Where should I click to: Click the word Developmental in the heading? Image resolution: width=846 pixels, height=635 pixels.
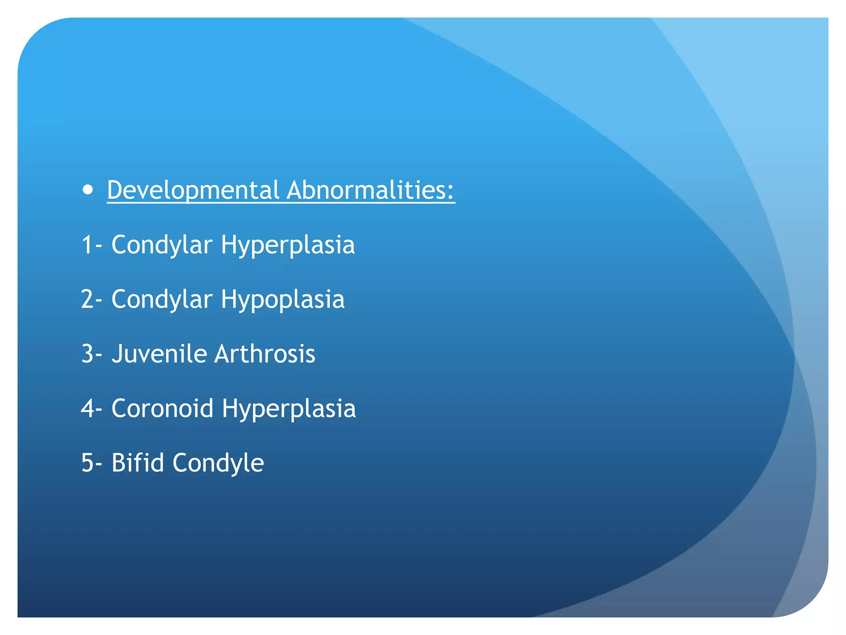click(x=193, y=190)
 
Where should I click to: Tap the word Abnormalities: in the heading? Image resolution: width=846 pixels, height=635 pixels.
click(x=370, y=190)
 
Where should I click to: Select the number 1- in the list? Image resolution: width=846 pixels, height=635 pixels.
click(x=91, y=244)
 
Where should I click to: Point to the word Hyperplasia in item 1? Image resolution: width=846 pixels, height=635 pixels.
click(x=288, y=245)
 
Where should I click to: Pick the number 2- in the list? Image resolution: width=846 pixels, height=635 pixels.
click(x=91, y=299)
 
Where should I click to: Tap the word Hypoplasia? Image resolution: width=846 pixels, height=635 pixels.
click(x=283, y=299)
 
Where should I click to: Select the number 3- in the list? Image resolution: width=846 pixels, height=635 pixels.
click(x=91, y=354)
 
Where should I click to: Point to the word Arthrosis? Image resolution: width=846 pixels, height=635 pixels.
click(x=264, y=354)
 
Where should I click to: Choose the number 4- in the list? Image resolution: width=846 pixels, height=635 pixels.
click(x=91, y=408)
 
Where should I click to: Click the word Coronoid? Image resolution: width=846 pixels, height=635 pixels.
click(x=162, y=408)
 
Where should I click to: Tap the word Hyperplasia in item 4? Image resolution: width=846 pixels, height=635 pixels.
click(x=288, y=408)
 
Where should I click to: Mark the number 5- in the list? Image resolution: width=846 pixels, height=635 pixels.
click(x=91, y=463)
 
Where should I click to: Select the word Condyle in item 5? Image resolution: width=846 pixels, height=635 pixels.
click(x=218, y=463)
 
